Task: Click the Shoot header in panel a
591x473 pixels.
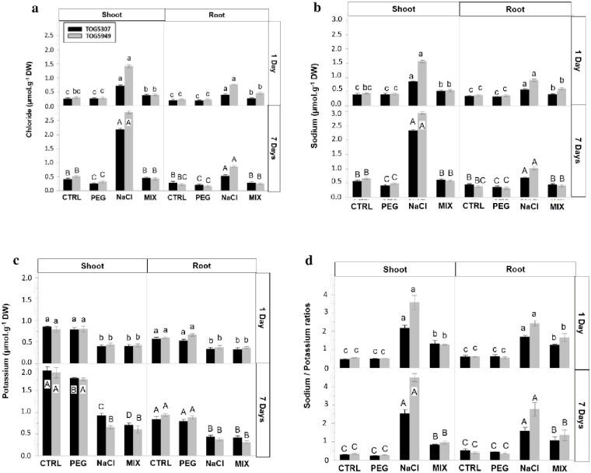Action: [x=113, y=14]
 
